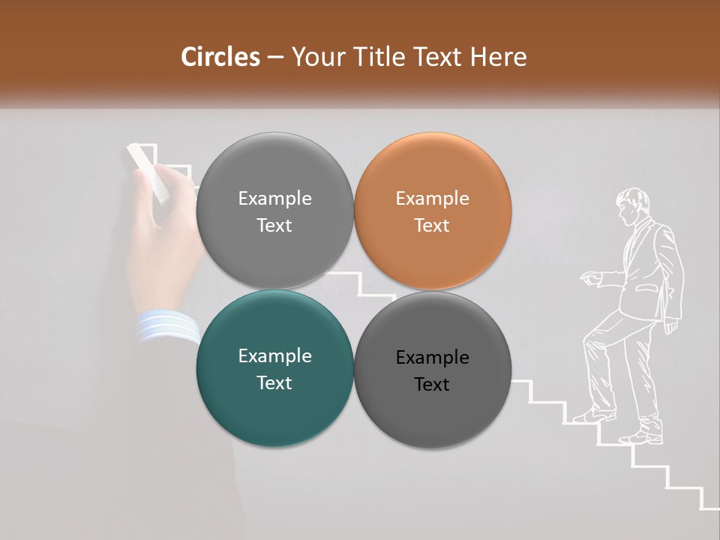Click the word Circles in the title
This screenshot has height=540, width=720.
(220, 57)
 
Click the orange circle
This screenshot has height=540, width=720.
(432, 211)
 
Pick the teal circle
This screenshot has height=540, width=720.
(274, 369)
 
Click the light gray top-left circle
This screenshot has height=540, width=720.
(274, 211)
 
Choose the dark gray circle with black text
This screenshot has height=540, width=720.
(432, 369)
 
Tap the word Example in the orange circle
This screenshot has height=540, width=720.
(432, 199)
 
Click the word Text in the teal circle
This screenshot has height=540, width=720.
(274, 382)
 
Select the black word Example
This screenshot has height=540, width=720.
(432, 358)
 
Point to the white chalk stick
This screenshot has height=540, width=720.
(148, 172)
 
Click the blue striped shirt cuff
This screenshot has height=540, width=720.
(166, 326)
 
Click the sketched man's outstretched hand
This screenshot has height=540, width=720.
(592, 279)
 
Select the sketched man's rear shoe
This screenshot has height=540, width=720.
(642, 437)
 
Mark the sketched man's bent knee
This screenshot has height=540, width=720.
(592, 332)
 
